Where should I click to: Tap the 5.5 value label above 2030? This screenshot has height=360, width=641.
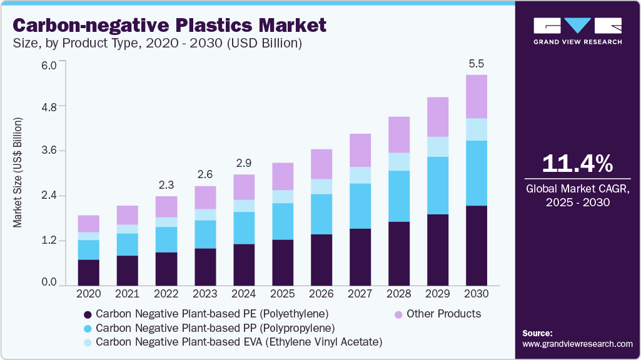(x=477, y=64)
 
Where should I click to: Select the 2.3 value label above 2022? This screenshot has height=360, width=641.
(x=166, y=185)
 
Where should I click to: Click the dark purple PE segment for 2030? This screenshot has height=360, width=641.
(x=477, y=245)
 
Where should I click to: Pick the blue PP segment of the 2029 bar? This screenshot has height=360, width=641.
(x=438, y=186)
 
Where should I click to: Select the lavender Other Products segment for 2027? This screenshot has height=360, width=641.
(x=360, y=150)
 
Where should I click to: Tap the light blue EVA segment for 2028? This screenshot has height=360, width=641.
(x=399, y=161)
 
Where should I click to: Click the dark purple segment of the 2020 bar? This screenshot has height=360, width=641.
(x=89, y=272)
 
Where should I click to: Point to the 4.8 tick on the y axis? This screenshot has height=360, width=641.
(x=48, y=106)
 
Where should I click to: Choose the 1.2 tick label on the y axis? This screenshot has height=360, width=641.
(x=48, y=241)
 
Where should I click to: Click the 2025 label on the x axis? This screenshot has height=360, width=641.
(x=283, y=294)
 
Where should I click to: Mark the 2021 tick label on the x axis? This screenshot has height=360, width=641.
(x=128, y=294)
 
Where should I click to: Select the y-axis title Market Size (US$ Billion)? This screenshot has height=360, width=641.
(x=18, y=172)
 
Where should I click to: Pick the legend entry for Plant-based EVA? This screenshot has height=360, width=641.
(x=238, y=342)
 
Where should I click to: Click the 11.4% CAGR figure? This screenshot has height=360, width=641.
(x=578, y=164)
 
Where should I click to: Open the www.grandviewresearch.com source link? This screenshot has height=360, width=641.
(x=577, y=344)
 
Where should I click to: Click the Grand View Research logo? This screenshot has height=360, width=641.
(x=578, y=30)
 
